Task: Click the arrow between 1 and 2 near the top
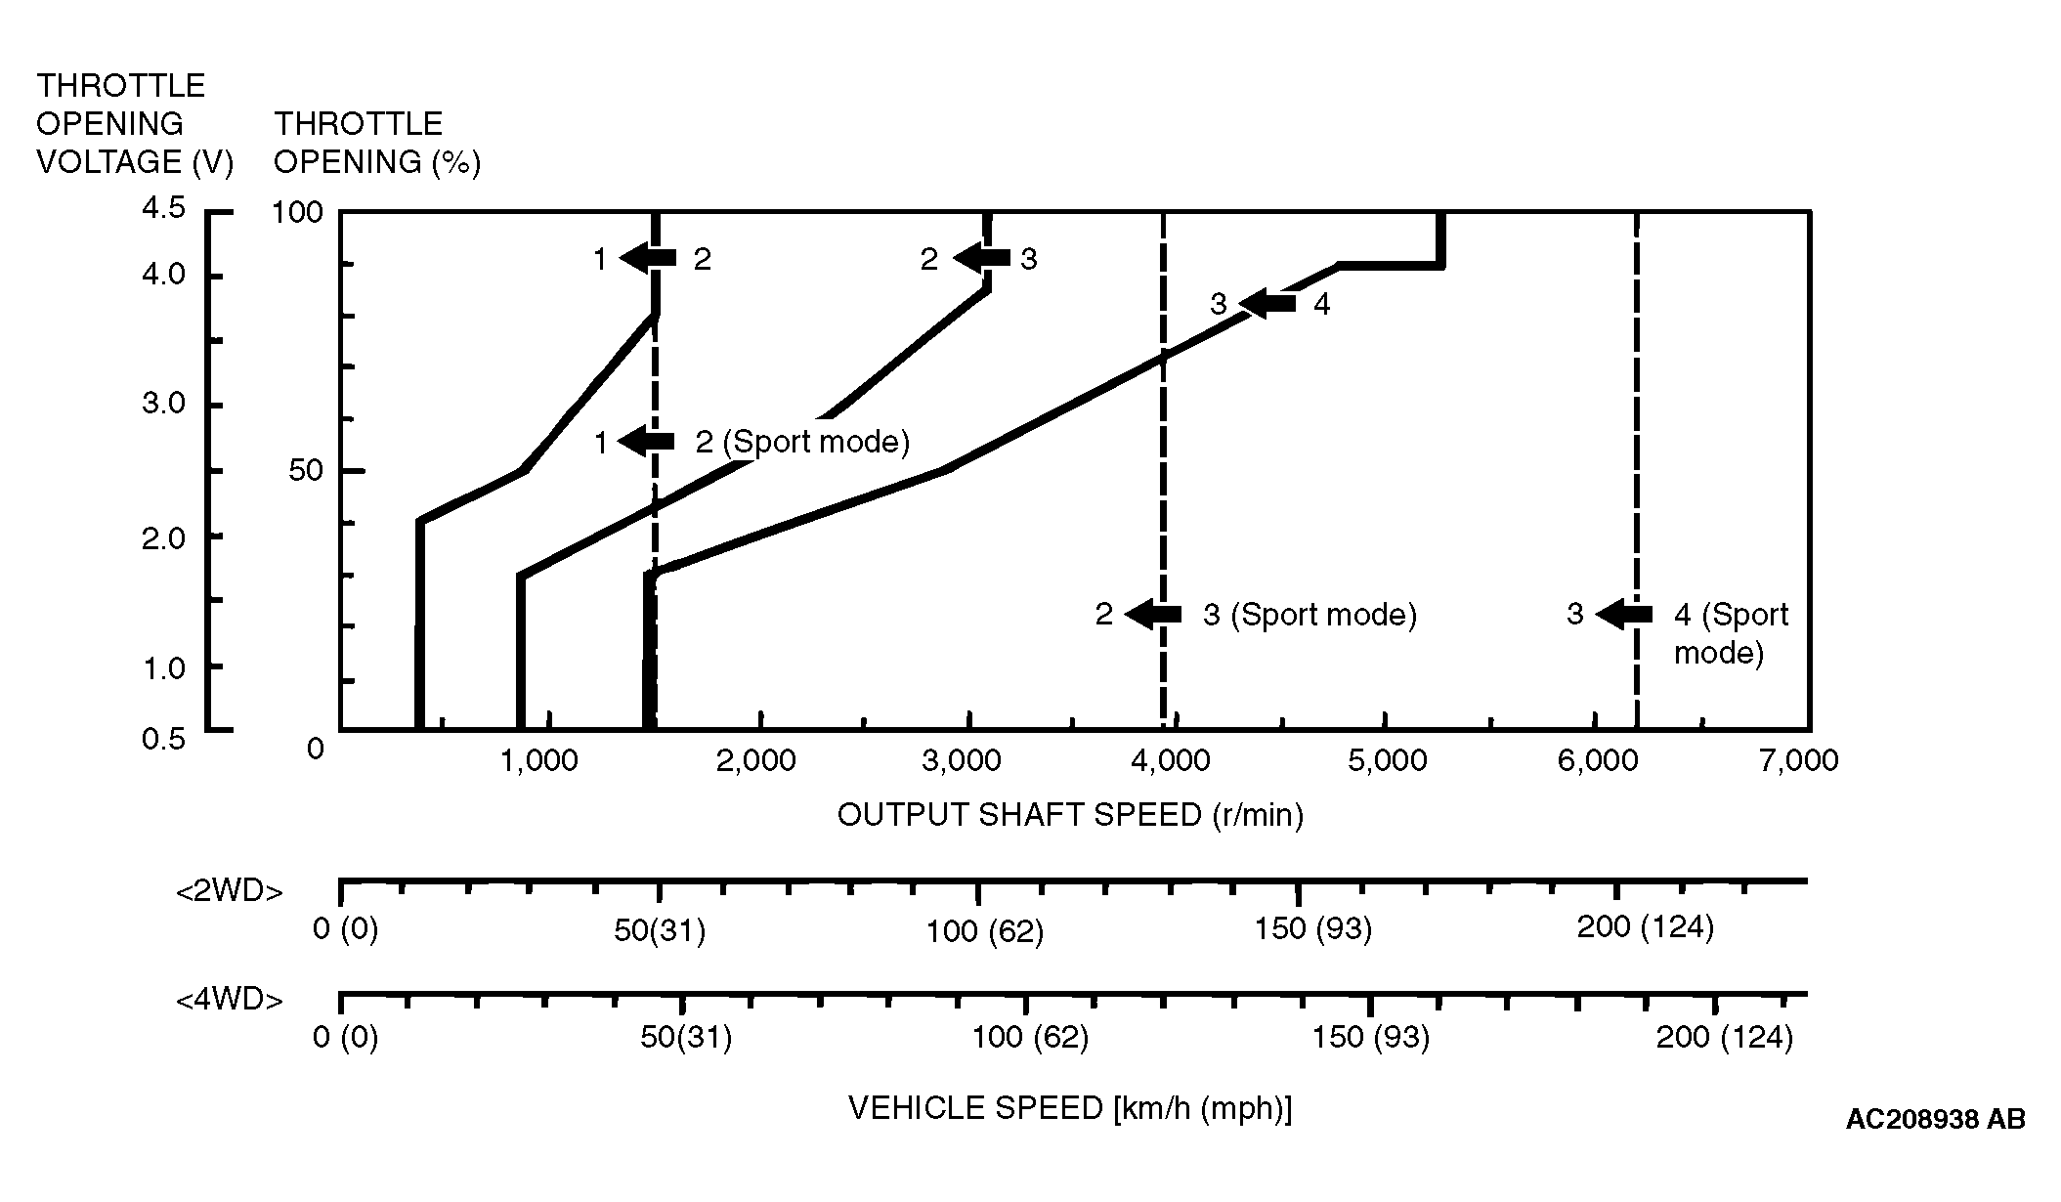pyautogui.click(x=648, y=258)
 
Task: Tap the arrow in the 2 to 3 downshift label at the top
pyautogui.click(x=981, y=258)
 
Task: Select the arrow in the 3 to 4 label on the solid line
pyautogui.click(x=1267, y=304)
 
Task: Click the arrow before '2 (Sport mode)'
pyautogui.click(x=646, y=441)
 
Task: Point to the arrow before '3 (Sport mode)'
pyautogui.click(x=1153, y=615)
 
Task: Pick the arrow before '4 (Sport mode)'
pyautogui.click(x=1624, y=615)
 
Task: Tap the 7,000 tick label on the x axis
pyautogui.click(x=1799, y=760)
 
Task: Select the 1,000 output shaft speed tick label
pyautogui.click(x=538, y=760)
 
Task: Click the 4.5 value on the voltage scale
pyautogui.click(x=162, y=208)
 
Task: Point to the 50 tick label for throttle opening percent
pyautogui.click(x=305, y=471)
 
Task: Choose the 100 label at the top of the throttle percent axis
pyautogui.click(x=297, y=213)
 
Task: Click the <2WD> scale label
pyautogui.click(x=230, y=892)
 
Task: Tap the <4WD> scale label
pyautogui.click(x=230, y=1001)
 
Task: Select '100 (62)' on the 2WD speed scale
pyautogui.click(x=984, y=931)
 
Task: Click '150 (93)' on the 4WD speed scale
pyautogui.click(x=1370, y=1037)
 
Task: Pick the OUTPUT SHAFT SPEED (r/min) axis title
pyautogui.click(x=1070, y=815)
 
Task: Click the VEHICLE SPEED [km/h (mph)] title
pyautogui.click(x=1070, y=1108)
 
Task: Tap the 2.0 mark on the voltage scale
pyautogui.click(x=162, y=538)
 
